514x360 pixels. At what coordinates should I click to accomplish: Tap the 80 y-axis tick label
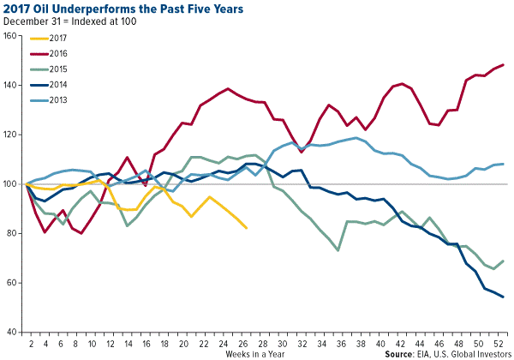pos(12,234)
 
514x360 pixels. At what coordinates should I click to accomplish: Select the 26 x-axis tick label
pos(247,344)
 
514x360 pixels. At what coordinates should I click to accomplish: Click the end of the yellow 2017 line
pos(247,228)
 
